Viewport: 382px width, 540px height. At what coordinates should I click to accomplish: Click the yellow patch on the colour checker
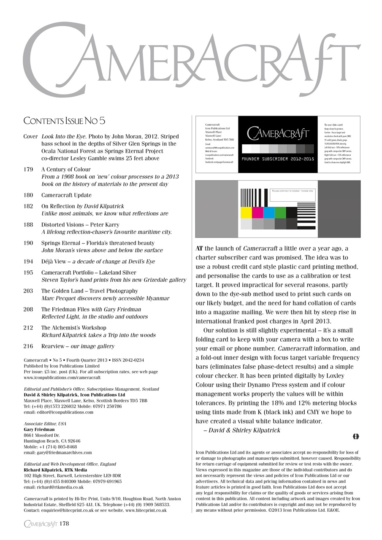(x=246, y=212)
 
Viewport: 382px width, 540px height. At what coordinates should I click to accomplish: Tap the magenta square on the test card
(x=257, y=212)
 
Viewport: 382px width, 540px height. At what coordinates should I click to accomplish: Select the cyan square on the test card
(x=269, y=212)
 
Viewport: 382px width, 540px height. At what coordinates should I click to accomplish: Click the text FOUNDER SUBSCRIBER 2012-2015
(x=278, y=159)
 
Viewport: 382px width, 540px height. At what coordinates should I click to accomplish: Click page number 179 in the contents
(x=28, y=170)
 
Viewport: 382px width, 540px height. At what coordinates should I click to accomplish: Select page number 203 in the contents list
(x=28, y=291)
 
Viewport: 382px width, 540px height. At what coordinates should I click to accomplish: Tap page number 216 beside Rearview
(x=28, y=346)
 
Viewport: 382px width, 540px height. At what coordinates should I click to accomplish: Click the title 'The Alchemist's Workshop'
(x=73, y=328)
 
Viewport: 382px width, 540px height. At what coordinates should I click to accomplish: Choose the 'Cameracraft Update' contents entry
(x=66, y=195)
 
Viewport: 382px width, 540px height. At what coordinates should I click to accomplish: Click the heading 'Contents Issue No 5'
(x=64, y=121)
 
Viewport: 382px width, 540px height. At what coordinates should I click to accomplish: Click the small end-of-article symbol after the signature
(x=355, y=436)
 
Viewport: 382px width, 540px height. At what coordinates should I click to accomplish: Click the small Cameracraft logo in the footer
(x=41, y=524)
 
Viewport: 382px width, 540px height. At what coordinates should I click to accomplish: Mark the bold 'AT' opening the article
(x=200, y=248)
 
